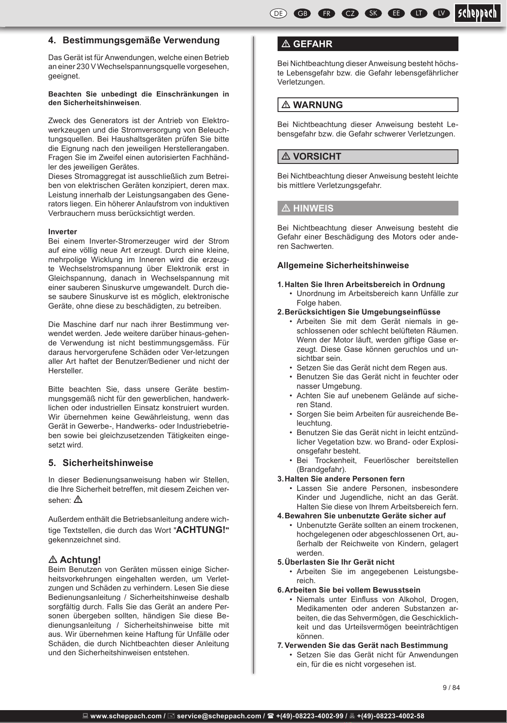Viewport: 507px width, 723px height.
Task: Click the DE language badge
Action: (x=278, y=13)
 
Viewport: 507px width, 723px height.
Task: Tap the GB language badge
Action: (x=302, y=13)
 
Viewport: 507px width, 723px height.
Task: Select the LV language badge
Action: (x=441, y=13)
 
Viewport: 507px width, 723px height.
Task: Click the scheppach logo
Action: (x=477, y=13)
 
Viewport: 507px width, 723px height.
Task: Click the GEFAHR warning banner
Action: (x=368, y=44)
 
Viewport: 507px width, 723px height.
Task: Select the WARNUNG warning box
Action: (x=368, y=105)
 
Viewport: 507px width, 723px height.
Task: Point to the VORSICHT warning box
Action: (x=368, y=157)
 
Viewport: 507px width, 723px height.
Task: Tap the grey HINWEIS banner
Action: (x=368, y=208)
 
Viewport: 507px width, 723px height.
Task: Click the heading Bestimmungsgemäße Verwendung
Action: (x=141, y=40)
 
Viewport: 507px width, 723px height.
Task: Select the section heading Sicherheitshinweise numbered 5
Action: (x=108, y=463)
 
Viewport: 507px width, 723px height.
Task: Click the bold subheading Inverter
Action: (x=63, y=232)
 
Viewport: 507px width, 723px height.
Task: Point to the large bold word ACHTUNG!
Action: (x=201, y=530)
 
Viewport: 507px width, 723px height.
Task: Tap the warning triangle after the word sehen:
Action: (x=78, y=499)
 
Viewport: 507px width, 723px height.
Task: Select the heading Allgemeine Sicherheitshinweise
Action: (x=343, y=265)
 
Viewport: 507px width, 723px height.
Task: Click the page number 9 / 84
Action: (x=451, y=688)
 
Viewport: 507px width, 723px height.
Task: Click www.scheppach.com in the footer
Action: (x=126, y=716)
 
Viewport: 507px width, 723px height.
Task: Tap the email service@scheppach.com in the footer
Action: (x=219, y=716)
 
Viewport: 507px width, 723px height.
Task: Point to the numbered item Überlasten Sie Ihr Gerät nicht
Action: (x=339, y=562)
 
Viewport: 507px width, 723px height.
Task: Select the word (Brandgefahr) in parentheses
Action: (x=321, y=469)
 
